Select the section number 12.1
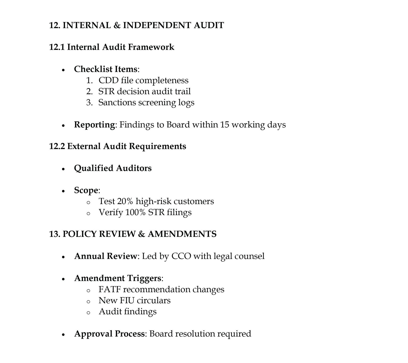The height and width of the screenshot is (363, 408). (57, 47)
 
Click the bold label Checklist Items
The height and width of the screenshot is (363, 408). (106, 69)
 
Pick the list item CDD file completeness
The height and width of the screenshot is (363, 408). (143, 80)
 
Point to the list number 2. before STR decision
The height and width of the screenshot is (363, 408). (89, 91)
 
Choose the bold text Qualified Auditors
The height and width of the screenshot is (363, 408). (113, 168)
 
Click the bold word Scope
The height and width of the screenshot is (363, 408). (86, 190)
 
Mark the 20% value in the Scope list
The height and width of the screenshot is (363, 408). (125, 201)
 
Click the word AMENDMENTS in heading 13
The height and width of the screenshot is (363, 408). (182, 234)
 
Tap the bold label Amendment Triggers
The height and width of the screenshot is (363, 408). (118, 278)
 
